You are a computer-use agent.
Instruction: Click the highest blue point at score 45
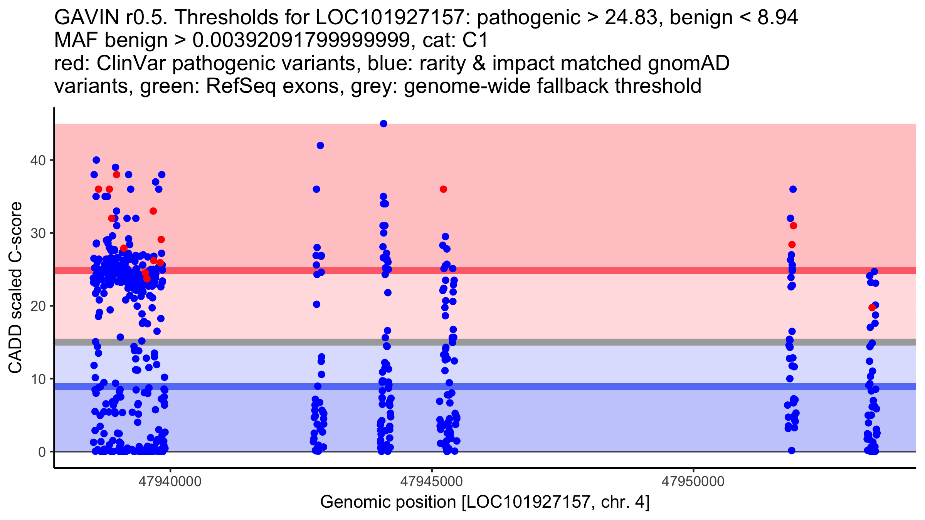pos(383,124)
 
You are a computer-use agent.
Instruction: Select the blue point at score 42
pos(320,146)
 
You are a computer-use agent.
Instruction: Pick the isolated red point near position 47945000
pos(443,189)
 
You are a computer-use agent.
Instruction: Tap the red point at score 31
pos(793,226)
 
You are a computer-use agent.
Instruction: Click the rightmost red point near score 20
pos(872,307)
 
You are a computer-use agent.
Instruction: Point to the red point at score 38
pos(116,175)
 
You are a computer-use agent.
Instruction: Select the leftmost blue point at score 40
pos(96,160)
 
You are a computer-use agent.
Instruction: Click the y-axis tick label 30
pos(38,233)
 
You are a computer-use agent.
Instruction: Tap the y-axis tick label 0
pos(42,452)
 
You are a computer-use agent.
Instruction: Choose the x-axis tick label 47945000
pos(432,481)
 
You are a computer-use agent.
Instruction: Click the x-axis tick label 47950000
pos(693,481)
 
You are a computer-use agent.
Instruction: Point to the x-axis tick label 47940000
pos(170,481)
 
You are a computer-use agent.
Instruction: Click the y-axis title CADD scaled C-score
pos(15,288)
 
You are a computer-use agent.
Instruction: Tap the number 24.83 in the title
pos(631,17)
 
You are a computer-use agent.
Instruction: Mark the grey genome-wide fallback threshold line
pos(578,342)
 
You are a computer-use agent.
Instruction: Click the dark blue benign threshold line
pos(578,386)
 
